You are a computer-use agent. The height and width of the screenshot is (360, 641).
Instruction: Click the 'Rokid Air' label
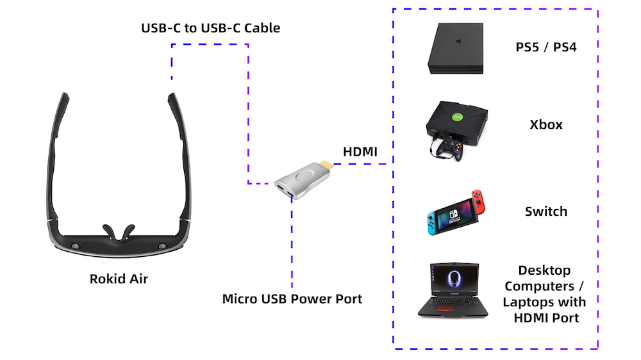(x=119, y=279)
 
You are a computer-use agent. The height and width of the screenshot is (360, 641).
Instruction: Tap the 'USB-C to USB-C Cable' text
(x=210, y=28)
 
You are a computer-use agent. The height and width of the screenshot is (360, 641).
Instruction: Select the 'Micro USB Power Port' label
(x=292, y=299)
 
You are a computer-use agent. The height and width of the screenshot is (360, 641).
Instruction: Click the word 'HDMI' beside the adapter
(x=360, y=152)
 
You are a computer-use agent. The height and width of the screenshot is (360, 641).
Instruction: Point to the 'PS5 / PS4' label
(x=546, y=47)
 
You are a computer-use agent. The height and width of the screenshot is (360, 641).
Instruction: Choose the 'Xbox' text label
(x=546, y=124)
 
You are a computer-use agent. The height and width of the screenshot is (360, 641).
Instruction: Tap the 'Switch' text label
(x=546, y=211)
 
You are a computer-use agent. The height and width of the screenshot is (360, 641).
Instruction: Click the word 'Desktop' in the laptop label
(x=545, y=270)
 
